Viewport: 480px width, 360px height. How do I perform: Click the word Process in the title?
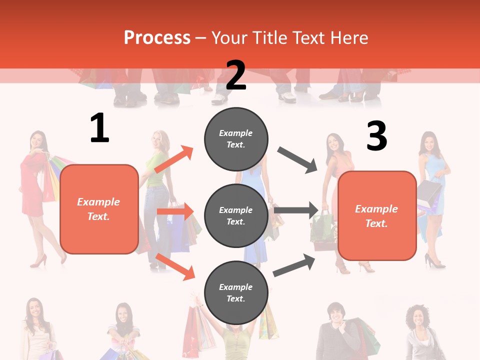(157, 38)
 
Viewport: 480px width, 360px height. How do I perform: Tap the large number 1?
(99, 128)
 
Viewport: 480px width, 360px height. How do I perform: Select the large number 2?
(236, 75)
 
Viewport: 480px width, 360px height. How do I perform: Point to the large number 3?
(376, 136)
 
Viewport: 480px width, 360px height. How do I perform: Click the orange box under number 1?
(99, 209)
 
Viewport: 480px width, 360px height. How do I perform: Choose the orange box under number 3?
(377, 215)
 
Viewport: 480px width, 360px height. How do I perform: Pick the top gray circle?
(236, 139)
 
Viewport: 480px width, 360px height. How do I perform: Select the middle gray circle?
(236, 215)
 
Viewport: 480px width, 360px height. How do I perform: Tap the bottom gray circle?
(236, 292)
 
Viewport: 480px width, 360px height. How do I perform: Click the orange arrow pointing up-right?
(173, 159)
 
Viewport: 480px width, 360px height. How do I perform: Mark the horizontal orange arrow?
(175, 211)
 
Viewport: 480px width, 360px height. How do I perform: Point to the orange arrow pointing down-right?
(175, 266)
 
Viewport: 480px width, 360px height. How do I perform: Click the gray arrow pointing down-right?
(297, 160)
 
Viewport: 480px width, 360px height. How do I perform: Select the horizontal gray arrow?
(296, 210)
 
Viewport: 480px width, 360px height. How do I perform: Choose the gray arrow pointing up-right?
(294, 265)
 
